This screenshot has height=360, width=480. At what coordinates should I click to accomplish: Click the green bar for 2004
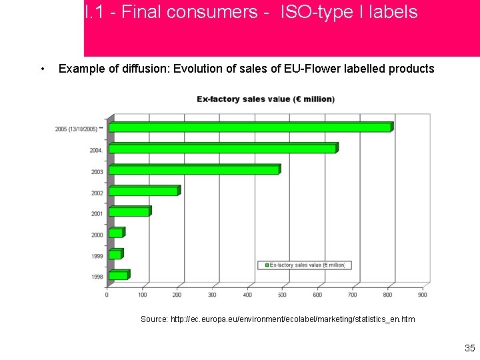pyautogui.click(x=223, y=148)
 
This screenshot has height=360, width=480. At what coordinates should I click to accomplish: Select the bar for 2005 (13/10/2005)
pyautogui.click(x=250, y=127)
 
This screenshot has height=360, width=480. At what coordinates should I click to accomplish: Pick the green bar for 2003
pyautogui.click(x=194, y=169)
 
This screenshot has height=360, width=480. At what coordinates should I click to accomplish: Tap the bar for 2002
pyautogui.click(x=144, y=191)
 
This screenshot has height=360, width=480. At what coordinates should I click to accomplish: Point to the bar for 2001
pyautogui.click(x=129, y=211)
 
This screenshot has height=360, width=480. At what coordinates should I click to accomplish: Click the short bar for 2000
pyautogui.click(x=116, y=233)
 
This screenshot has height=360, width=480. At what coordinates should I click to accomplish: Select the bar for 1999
pyautogui.click(x=115, y=254)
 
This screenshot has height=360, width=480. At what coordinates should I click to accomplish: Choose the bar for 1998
pyautogui.click(x=119, y=275)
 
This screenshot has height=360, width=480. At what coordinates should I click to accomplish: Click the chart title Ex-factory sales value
pyautogui.click(x=265, y=99)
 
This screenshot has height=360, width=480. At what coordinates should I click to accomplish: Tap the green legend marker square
pyautogui.click(x=267, y=265)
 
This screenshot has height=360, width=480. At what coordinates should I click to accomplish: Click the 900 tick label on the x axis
pyautogui.click(x=423, y=294)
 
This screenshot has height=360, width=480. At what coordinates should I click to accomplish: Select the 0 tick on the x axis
pyautogui.click(x=107, y=294)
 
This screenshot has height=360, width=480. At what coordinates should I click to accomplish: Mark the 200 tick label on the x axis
pyautogui.click(x=177, y=294)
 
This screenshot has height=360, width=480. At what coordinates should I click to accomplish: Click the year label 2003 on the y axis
pyautogui.click(x=97, y=172)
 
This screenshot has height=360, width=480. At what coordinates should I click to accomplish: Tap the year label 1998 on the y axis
pyautogui.click(x=97, y=277)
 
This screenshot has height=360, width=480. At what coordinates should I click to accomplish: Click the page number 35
pyautogui.click(x=469, y=348)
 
